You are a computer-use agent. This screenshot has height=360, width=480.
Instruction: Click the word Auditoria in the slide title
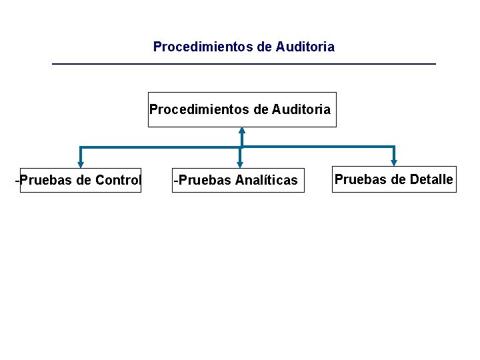(305, 47)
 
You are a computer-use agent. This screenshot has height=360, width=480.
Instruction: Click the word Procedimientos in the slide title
(204, 47)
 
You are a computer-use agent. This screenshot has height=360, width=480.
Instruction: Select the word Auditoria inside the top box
(301, 109)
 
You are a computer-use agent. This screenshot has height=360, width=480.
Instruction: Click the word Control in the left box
(119, 180)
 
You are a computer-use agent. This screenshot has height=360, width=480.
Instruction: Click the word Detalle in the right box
(431, 179)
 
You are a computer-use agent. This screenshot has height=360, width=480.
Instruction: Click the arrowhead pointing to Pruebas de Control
(81, 162)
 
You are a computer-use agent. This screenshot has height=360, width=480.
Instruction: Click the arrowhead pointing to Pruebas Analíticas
(240, 162)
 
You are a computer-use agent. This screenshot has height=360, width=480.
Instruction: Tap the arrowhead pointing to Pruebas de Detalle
(394, 161)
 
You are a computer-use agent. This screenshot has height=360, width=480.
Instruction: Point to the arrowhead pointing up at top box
(242, 131)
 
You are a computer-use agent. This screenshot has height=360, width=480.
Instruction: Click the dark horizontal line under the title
(243, 63)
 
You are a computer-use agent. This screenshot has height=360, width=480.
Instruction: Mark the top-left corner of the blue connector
(81, 147)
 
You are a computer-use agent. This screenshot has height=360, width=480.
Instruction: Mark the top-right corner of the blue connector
(394, 147)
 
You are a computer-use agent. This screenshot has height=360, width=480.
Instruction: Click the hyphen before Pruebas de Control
(18, 180)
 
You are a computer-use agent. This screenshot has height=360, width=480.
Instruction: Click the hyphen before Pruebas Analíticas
(175, 180)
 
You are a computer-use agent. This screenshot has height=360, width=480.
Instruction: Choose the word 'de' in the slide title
(265, 47)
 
